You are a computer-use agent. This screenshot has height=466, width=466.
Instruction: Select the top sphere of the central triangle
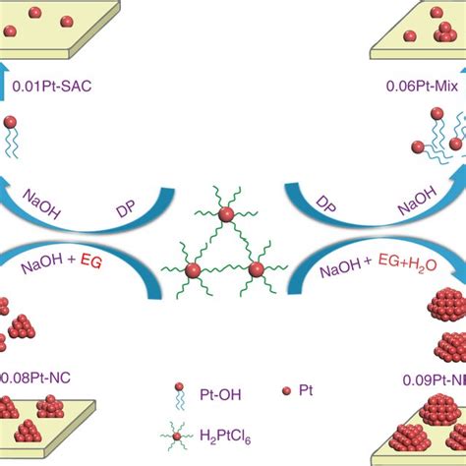(x=227, y=213)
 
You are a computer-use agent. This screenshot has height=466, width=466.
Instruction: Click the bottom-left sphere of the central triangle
(x=194, y=269)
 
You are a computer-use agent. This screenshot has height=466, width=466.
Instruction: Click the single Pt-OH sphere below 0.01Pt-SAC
(x=10, y=126)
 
